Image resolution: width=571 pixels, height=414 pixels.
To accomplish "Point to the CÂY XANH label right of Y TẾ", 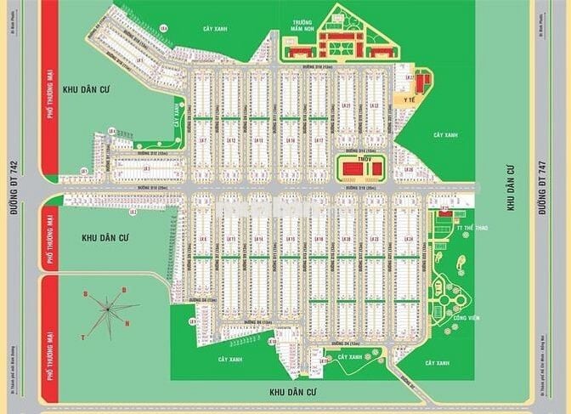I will (447, 135).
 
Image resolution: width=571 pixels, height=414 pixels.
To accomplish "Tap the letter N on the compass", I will (127, 323).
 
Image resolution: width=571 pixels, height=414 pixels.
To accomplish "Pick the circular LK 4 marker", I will (84, 171).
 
